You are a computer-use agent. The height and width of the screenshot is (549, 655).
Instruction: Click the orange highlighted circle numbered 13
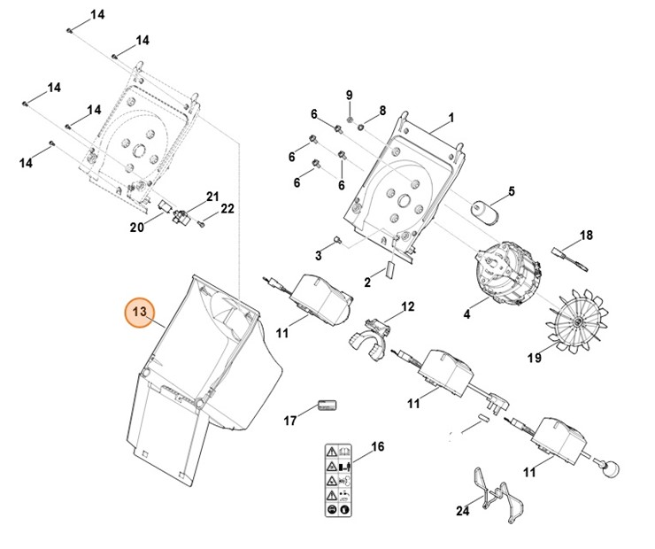point(140,312)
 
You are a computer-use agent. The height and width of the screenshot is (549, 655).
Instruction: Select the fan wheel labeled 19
point(577,321)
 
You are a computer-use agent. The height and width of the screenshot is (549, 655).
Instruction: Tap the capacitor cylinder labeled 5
point(484,212)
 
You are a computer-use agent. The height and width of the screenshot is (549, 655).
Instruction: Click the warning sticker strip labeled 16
point(339,480)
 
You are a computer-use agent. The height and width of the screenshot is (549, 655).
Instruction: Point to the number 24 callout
point(462,511)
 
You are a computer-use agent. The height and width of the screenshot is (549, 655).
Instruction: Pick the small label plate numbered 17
point(327,405)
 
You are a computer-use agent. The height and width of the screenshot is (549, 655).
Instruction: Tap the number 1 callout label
point(451,118)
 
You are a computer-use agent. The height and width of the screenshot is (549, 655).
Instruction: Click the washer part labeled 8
point(361,126)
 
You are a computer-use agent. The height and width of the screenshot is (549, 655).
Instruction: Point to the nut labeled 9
point(350,120)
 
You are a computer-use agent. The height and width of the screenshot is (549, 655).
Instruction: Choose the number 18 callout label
point(586,236)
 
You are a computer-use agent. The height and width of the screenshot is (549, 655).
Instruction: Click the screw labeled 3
point(336,239)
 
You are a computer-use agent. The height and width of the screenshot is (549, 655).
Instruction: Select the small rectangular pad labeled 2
point(390,269)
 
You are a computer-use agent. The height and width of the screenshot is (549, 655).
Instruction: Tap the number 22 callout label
point(227,208)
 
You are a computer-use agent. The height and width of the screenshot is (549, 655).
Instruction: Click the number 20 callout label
point(137,228)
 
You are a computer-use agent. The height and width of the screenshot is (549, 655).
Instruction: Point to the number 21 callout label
point(212,197)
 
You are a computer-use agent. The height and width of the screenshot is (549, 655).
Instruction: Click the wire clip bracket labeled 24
point(499,496)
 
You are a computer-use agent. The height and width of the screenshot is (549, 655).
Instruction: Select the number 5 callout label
point(512,191)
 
